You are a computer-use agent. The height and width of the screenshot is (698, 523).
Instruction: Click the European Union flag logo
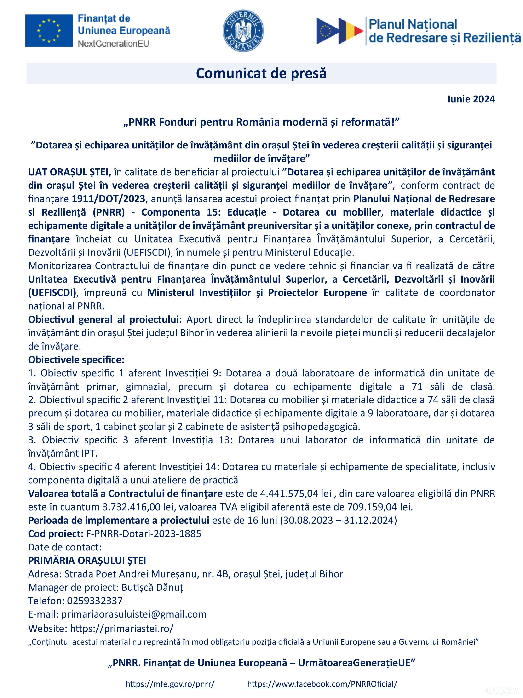[49, 31]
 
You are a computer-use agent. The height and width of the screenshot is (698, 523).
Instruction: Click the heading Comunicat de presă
[261, 73]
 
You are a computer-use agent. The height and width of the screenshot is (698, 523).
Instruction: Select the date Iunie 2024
[471, 99]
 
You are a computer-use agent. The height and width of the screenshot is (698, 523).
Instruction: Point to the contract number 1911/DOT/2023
[108, 199]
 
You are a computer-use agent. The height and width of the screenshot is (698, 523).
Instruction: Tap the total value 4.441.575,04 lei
[295, 493]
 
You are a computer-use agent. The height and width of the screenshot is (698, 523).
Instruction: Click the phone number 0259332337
[95, 601]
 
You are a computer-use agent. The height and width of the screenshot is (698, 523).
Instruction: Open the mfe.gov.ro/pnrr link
[170, 684]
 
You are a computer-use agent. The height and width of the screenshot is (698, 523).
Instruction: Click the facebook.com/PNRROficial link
[322, 684]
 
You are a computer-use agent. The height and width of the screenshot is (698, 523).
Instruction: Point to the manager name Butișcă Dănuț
[152, 587]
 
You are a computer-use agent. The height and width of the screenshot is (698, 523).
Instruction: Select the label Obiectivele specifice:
[76, 360]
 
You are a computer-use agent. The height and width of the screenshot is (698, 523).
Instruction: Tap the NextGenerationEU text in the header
[113, 44]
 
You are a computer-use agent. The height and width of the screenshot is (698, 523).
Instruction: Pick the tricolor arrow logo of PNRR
[340, 31]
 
